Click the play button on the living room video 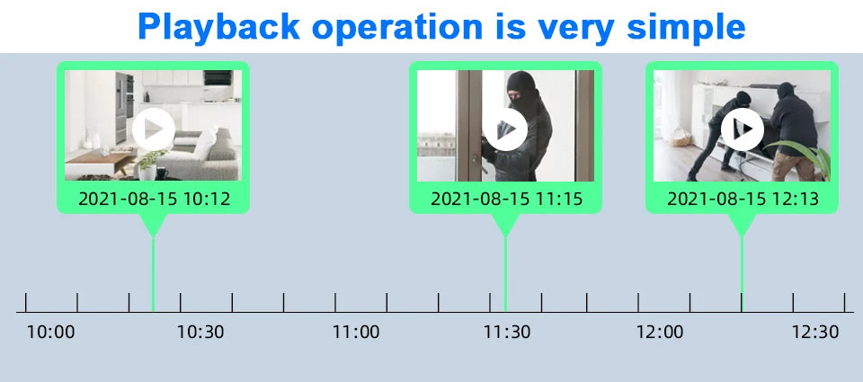154,129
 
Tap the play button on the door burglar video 506,129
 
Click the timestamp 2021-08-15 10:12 154,199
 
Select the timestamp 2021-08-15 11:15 506,199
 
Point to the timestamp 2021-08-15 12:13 743,199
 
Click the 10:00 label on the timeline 50,332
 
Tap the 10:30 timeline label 200,332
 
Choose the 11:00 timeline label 356,332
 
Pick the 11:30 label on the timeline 507,332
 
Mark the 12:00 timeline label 659,332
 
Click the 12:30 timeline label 815,332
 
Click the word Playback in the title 219,26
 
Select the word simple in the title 686,26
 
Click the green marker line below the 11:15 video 505,274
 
